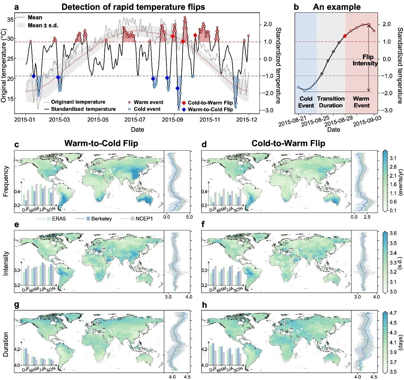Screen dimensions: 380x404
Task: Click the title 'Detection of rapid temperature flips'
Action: click(133, 7)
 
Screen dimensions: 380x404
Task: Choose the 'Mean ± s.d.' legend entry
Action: click(43, 25)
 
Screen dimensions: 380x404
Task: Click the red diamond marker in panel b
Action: click(345, 36)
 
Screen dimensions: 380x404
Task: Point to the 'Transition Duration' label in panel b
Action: click(331, 102)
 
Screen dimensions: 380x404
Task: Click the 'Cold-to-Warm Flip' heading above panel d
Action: click(288, 144)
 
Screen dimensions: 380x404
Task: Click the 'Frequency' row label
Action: click(6, 181)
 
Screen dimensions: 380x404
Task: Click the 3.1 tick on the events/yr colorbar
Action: click(393, 158)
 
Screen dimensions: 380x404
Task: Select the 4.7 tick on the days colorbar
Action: click(393, 313)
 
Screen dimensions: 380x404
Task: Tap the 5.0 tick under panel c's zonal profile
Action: click(189, 217)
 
